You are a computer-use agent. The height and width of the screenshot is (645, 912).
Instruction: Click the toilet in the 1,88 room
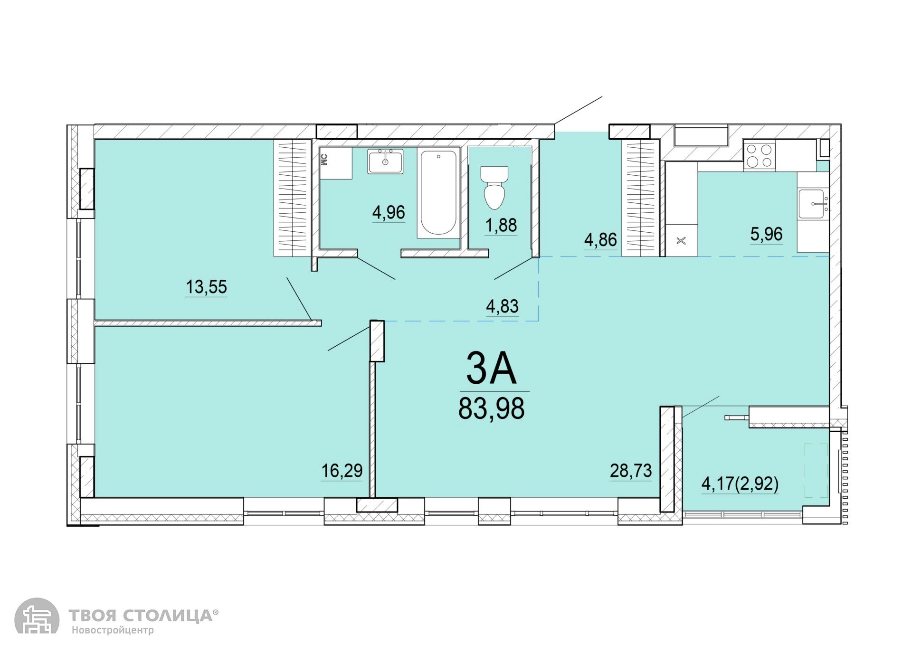[494, 188]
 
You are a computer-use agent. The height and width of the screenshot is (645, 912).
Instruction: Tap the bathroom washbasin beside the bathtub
[385, 161]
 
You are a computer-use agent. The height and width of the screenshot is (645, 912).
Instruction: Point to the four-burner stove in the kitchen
[759, 155]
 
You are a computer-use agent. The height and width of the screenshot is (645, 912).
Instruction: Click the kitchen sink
[814, 204]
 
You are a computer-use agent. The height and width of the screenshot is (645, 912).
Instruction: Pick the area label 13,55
[206, 287]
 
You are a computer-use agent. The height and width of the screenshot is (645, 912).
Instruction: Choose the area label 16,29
[342, 471]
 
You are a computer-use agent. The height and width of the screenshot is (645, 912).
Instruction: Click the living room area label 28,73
[631, 471]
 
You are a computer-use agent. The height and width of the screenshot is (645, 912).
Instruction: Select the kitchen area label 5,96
[767, 234]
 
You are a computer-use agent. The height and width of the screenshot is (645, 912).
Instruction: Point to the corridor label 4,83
[502, 306]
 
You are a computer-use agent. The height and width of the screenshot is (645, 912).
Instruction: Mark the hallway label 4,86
[600, 240]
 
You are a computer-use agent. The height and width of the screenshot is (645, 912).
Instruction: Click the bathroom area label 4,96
[389, 212]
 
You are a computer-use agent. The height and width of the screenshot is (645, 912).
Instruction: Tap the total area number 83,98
[492, 408]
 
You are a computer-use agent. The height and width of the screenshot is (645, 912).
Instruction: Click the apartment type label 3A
[491, 368]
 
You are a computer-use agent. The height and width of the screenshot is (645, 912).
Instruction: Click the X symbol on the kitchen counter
[681, 241]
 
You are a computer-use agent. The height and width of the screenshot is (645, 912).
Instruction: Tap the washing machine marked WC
[336, 162]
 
